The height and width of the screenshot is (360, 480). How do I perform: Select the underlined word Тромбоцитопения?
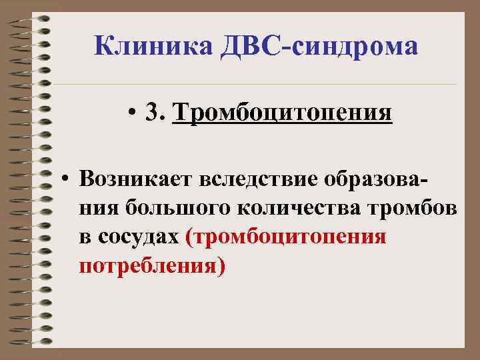(x=282, y=113)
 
